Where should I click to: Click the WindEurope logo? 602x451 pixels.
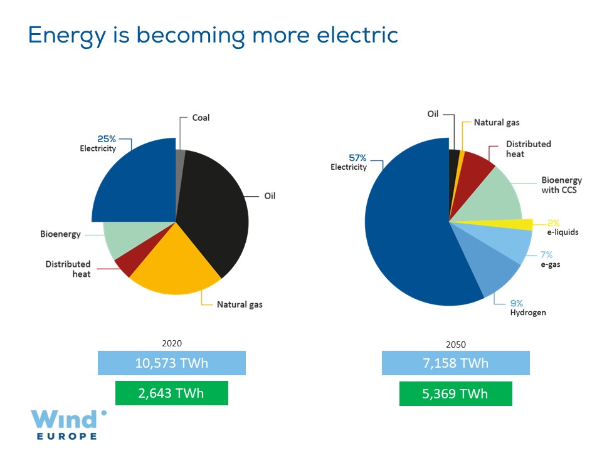pos(69,424)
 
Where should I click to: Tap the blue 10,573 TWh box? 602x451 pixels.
pos(171,363)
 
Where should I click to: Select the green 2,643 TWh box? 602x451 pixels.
pos(171,393)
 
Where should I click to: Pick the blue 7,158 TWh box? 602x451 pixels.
pos(455,363)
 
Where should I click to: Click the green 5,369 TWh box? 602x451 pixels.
pos(455,394)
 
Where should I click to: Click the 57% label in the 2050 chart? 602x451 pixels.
pos(357,158)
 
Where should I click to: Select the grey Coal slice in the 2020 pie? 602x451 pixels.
pos(181,158)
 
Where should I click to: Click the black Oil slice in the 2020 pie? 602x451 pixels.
pos(216,207)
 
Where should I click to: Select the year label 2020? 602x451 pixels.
pos(172,343)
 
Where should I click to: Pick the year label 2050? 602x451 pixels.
pos(456,344)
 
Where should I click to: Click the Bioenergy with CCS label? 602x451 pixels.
pos(559,184)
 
